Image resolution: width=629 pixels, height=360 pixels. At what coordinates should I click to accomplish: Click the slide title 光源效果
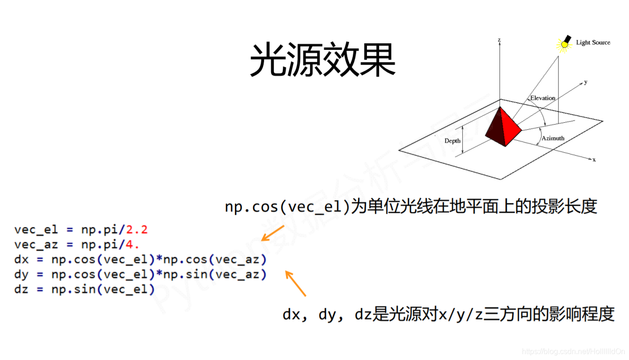tap(322, 61)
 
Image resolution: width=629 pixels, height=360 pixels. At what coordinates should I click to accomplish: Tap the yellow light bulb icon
tap(563, 44)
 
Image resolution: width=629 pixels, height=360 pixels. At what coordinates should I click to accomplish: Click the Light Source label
tap(593, 43)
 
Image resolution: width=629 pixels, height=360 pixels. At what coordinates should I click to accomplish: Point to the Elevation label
tap(543, 98)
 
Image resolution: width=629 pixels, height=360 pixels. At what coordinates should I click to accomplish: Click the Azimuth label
tap(552, 138)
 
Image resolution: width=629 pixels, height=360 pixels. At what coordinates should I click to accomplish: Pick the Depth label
tap(452, 141)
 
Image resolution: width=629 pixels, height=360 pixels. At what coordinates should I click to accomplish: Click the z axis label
tap(499, 40)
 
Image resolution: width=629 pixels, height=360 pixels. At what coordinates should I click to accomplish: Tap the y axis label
tap(585, 82)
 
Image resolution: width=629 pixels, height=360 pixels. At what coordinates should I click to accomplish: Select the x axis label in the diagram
tap(594, 160)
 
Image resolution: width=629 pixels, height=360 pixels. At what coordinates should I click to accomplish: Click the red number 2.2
tap(137, 230)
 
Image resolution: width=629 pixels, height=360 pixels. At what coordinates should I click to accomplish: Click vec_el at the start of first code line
tap(36, 230)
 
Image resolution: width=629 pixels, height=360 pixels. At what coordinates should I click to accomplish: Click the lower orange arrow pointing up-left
tap(295, 283)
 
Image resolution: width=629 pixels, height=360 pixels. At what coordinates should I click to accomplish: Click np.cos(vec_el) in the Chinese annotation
tap(288, 207)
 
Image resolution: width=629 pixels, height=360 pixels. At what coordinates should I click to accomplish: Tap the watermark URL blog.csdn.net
tap(573, 352)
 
